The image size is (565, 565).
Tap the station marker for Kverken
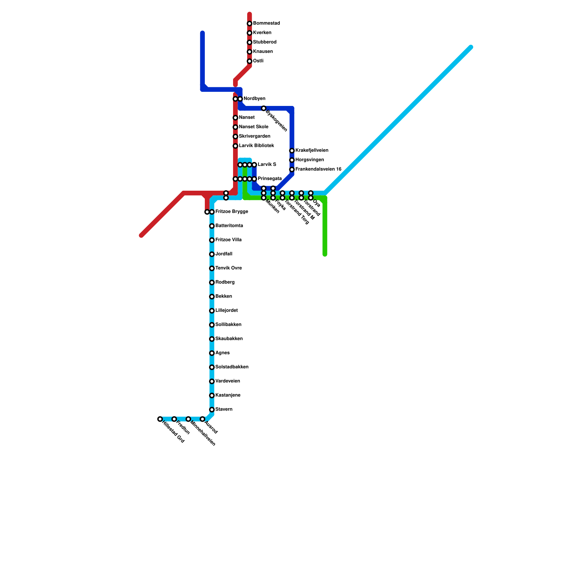click(249, 33)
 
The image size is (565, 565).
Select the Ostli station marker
click(249, 61)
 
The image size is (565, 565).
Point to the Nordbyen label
click(254, 99)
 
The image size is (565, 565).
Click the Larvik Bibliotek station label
click(256, 145)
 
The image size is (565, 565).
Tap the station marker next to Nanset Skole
click(235, 127)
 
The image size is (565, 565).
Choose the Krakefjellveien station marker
click(292, 151)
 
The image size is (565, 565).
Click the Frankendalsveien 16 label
click(318, 169)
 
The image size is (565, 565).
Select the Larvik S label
click(267, 165)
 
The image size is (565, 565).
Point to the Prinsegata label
click(269, 179)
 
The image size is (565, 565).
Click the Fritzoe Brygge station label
click(232, 212)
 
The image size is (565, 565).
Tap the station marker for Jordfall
click(212, 254)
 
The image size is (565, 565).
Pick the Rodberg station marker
click(212, 282)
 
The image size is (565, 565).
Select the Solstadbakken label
click(232, 367)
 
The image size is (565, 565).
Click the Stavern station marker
click(212, 410)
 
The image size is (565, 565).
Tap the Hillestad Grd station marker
click(160, 419)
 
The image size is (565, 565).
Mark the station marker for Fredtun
click(174, 419)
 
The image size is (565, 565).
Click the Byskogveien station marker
click(263, 108)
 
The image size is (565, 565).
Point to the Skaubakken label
click(229, 339)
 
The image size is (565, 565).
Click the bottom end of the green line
click(325, 254)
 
